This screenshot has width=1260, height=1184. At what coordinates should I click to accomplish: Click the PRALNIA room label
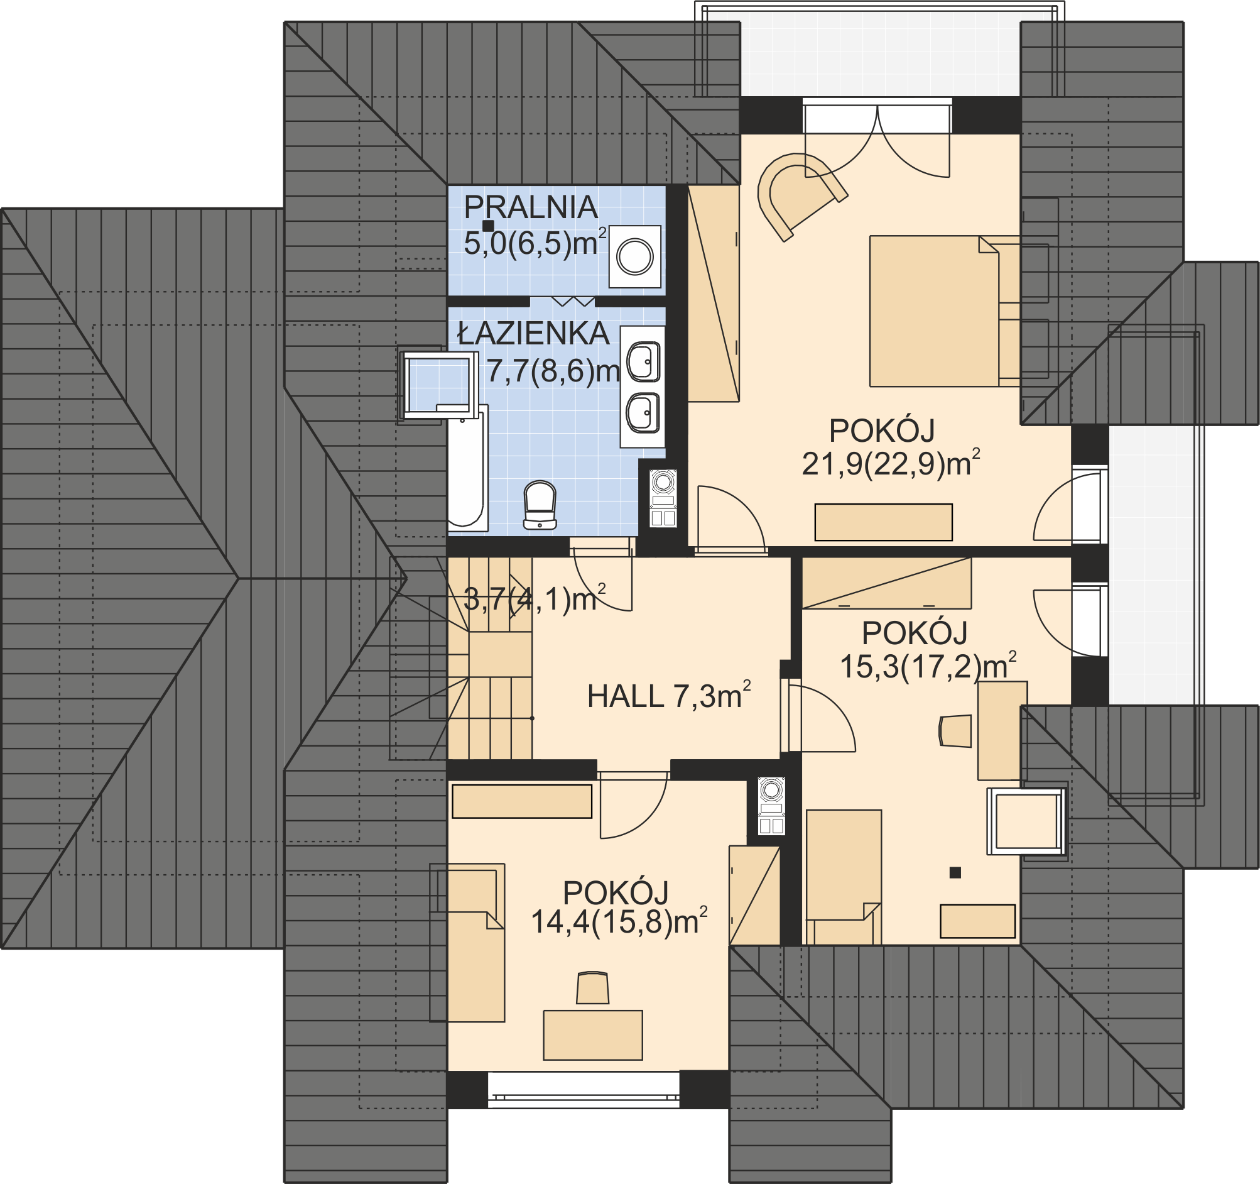[531, 207]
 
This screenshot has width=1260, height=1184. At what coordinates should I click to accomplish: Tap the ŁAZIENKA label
[534, 334]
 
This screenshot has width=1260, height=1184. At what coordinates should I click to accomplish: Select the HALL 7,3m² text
[670, 696]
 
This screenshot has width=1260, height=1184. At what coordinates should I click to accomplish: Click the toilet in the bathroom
[540, 505]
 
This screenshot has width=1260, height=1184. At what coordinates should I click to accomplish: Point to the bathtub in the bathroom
[468, 468]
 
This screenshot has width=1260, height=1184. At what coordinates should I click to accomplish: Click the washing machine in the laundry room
[635, 257]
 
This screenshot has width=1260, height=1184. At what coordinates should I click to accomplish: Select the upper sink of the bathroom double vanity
[643, 362]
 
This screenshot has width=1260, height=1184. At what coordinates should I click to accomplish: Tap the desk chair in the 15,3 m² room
[955, 730]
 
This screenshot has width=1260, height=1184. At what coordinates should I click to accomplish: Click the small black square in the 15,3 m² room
[955, 873]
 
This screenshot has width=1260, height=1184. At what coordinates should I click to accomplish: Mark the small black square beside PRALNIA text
[488, 225]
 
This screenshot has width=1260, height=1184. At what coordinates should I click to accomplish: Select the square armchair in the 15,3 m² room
[1026, 821]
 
